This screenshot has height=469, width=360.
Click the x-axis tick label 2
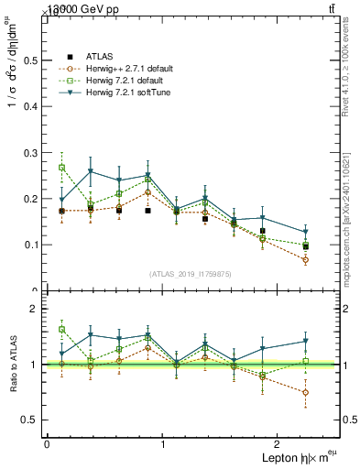[278, 444]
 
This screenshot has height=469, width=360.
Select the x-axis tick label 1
[162, 444]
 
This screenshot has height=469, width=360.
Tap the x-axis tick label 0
[47, 444]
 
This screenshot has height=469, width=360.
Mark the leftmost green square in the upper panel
[61, 168]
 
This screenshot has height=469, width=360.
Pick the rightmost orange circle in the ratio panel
[305, 392]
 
